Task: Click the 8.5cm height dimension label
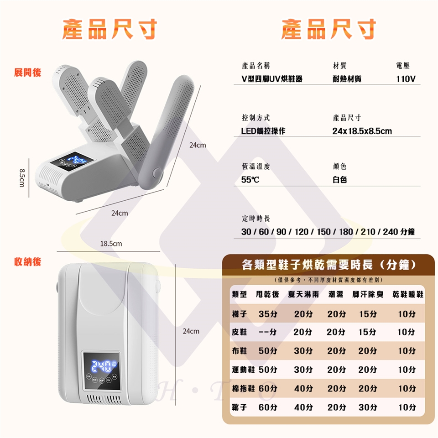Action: [x=22, y=177]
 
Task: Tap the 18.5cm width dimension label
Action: [x=111, y=244]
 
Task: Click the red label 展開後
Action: [x=28, y=73]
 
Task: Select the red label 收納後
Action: [x=28, y=262]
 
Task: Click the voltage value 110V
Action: [x=406, y=79]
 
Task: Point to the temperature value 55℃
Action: [x=250, y=180]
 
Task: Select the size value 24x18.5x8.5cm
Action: [x=362, y=131]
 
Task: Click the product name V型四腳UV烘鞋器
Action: [x=272, y=79]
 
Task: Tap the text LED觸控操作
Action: [x=263, y=131]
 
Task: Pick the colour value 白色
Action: [x=339, y=180]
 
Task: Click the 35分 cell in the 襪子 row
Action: [x=268, y=314]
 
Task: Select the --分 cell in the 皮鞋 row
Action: [x=268, y=332]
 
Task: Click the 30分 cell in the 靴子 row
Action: [x=368, y=407]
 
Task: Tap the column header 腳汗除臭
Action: [x=368, y=294]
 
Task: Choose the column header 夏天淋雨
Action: [x=303, y=294]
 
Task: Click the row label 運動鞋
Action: [x=243, y=370]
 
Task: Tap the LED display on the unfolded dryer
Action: [x=72, y=162]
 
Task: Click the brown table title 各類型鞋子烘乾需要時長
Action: [x=307, y=265]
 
